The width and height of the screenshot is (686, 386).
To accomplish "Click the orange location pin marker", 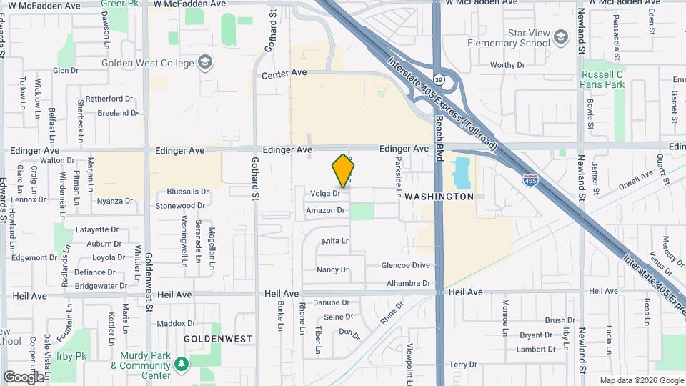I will [344, 171].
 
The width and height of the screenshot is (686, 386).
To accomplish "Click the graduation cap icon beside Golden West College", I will [206, 63].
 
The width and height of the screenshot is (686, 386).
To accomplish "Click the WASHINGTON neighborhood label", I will [439, 196].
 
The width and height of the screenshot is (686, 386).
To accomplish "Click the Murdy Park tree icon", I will [182, 364].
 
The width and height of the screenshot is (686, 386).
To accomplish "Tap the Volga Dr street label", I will [324, 193].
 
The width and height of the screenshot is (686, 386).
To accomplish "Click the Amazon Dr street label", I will [325, 211].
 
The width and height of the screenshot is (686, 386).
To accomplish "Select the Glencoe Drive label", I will [406, 265].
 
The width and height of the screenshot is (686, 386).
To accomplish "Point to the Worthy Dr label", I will [507, 65].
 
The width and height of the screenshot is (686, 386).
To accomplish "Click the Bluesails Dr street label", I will [187, 192].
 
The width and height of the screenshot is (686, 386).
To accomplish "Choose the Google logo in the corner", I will [23, 377].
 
